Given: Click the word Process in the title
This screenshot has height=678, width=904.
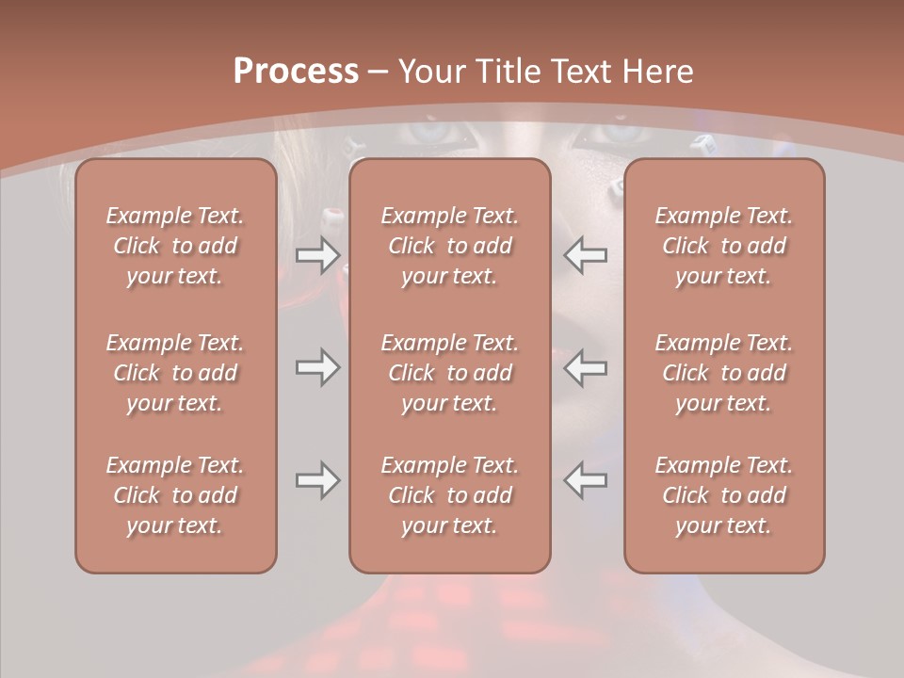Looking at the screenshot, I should tap(296, 72).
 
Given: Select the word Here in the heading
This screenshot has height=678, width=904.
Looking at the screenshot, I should tap(659, 72).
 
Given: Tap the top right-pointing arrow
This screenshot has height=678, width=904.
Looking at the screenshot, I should tap(317, 255).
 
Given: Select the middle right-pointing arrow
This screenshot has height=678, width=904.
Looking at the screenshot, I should tap(317, 367).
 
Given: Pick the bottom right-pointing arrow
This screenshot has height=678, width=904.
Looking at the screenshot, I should tap(317, 480).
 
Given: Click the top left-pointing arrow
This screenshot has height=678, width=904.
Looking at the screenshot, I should tap(586, 255).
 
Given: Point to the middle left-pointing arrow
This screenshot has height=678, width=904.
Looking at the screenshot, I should tap(586, 367).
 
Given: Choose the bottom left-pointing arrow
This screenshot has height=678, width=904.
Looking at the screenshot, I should tap(586, 480).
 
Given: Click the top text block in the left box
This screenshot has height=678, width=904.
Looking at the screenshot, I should tap(175, 246).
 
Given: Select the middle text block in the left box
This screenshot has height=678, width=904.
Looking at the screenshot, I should tap(175, 373).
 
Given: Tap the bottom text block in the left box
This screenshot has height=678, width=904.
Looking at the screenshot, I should tap(175, 495).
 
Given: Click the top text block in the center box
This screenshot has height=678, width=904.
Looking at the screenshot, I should tap(450, 246).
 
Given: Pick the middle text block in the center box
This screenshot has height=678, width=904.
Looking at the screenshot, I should tap(450, 373).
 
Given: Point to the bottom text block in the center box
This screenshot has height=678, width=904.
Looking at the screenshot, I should tap(450, 495).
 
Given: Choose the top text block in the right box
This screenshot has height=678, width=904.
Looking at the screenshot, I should tap(724, 246).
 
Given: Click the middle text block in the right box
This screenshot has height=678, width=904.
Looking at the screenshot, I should tap(724, 373).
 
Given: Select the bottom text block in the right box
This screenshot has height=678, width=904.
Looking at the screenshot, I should tap(724, 495).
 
